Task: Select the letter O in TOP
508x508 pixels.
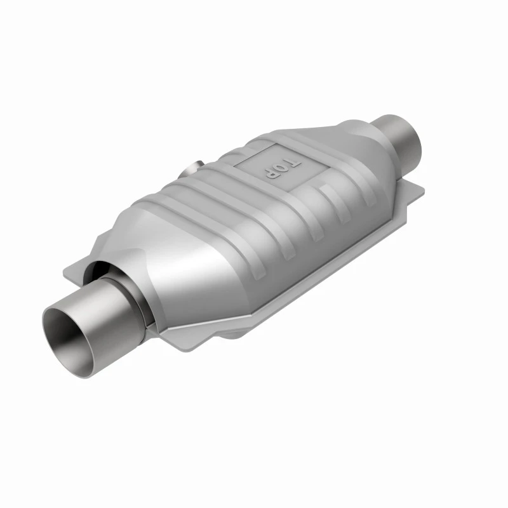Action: pos(282,168)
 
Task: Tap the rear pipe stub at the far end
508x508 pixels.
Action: pos(399,138)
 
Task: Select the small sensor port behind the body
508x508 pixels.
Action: pos(193,168)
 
